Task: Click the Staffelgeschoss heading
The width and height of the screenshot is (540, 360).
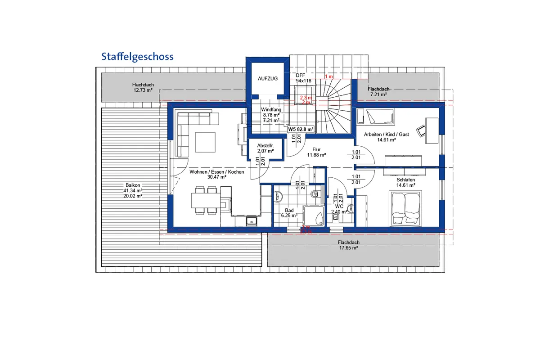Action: coord(137,57)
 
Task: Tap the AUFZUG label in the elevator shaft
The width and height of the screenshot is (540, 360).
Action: coord(268,78)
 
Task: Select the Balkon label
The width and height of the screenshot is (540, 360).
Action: coord(133,185)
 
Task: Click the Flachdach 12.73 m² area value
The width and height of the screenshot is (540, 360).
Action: coord(143,90)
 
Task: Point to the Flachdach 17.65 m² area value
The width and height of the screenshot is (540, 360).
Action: coord(348,247)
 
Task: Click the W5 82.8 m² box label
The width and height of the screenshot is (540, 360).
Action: coord(301,129)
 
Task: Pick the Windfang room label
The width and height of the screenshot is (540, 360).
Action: coord(271,109)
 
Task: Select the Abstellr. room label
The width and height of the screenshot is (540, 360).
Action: coord(265,146)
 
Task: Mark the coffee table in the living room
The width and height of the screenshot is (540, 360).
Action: coord(206,142)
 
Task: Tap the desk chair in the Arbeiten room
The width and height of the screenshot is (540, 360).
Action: coord(421,130)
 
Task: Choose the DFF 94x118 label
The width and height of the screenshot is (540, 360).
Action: coord(304,78)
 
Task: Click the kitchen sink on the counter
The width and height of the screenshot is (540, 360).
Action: coord(251,220)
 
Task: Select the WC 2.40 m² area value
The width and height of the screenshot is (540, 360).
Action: coord(338,211)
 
